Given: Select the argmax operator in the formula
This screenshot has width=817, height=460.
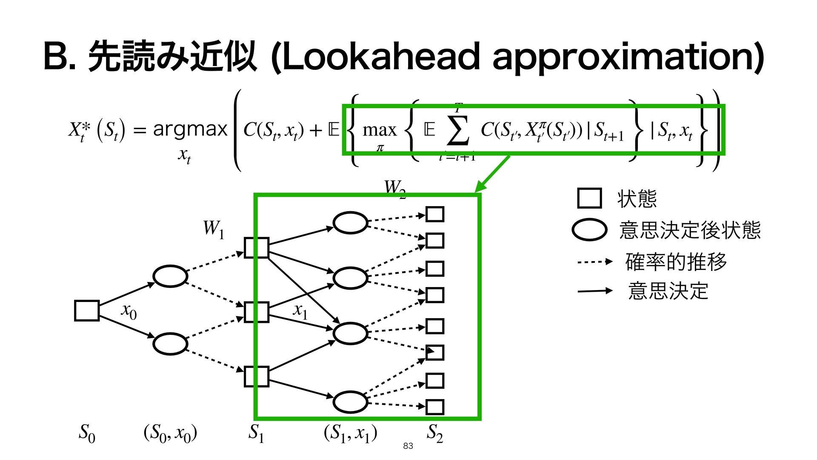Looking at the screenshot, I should click(x=190, y=129).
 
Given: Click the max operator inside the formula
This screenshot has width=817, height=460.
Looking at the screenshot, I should click(x=379, y=130).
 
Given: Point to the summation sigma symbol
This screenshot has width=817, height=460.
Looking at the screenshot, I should click(x=458, y=130).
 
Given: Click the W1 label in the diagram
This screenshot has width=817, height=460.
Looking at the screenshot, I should click(x=213, y=229).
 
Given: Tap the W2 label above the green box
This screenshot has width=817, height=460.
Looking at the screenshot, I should click(x=394, y=188).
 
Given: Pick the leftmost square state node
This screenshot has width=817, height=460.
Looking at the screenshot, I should click(x=87, y=310).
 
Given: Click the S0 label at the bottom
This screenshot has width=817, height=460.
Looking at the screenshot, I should click(x=87, y=434).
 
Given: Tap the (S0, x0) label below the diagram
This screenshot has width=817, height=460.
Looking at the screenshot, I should click(x=170, y=434).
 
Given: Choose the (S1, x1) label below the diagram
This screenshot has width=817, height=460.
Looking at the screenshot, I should click(x=350, y=434).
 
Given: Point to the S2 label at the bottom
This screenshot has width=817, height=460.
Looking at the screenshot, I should click(x=435, y=434).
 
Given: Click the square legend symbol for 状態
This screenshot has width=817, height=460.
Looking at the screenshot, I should click(x=589, y=198).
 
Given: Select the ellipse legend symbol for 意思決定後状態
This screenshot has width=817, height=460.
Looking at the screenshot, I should click(x=589, y=230).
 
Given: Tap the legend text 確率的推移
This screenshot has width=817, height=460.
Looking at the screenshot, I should click(x=676, y=262).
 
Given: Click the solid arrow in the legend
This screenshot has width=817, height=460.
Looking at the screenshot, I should click(x=594, y=291).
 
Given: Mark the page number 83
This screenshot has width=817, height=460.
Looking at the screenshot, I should click(x=408, y=446).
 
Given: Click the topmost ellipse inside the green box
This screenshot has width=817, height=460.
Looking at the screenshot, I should click(x=350, y=223).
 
